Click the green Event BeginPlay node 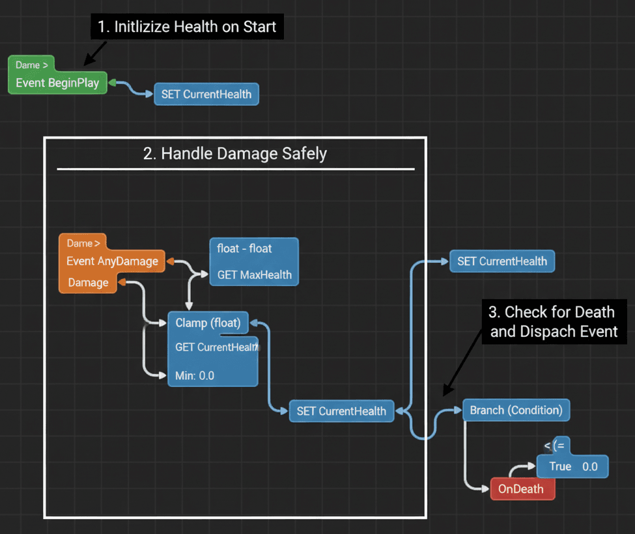[x=57, y=83]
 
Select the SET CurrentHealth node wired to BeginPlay [x=206, y=94]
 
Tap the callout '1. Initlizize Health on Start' [x=187, y=27]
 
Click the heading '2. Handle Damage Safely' [x=235, y=154]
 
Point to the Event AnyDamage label [x=112, y=261]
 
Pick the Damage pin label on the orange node [x=88, y=283]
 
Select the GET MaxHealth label [x=254, y=274]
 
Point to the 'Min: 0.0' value [x=195, y=376]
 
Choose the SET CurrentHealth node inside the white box [x=341, y=411]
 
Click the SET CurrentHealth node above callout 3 [x=501, y=261]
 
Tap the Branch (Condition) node [x=516, y=410]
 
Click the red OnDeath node [x=522, y=489]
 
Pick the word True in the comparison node [x=560, y=466]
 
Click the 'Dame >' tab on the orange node [x=83, y=243]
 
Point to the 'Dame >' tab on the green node [x=32, y=65]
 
